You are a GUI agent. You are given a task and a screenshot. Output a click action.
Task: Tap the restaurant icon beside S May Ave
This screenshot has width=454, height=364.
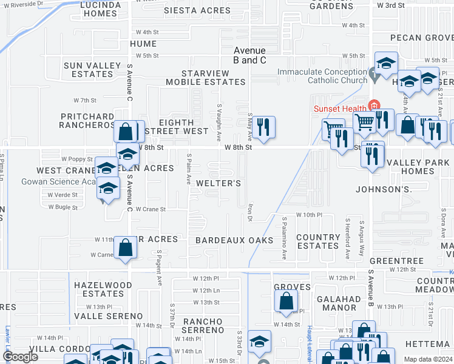tap(263, 127)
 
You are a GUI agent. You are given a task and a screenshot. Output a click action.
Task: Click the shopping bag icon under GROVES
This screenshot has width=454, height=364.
tap(286, 300)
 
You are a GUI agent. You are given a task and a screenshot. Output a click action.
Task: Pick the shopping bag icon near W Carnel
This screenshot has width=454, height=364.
tap(125, 248)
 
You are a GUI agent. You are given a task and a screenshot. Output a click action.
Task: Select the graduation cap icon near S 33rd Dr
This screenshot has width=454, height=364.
tap(259, 343)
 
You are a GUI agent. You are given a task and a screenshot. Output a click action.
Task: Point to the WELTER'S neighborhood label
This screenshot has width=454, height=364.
tap(219, 183)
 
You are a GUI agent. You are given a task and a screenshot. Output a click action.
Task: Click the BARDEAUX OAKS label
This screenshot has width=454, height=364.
tap(234, 240)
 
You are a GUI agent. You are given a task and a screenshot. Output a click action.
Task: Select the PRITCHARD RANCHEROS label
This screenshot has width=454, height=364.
tap(87, 121)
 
